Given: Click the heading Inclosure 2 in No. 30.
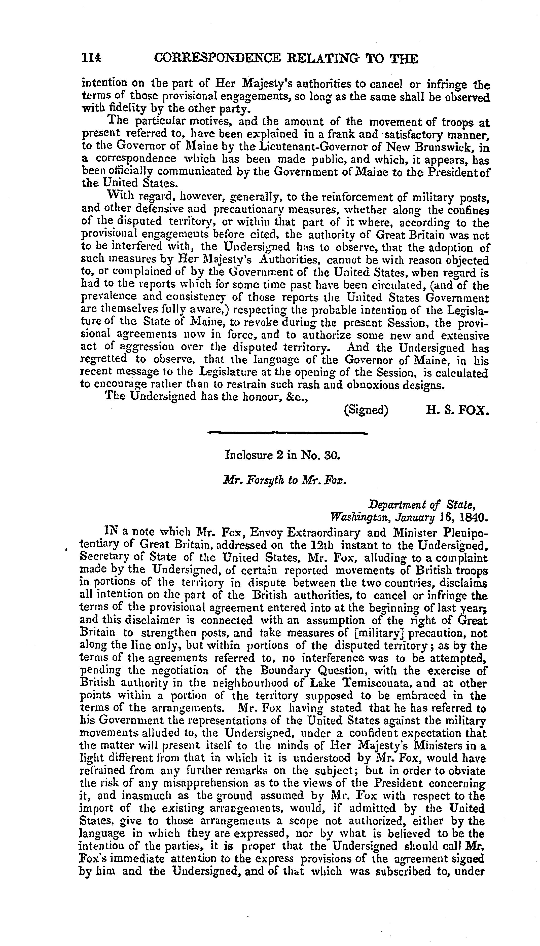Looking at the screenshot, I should pyautogui.click(x=282, y=455).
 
